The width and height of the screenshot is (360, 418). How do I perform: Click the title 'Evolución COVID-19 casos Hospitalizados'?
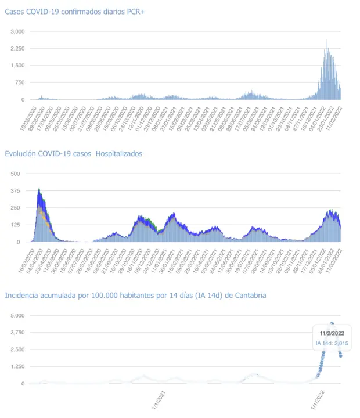click(x=73, y=154)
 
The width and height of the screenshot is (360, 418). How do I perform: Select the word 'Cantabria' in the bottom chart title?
click(x=250, y=296)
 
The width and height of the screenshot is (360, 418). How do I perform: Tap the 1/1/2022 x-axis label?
click(x=316, y=400)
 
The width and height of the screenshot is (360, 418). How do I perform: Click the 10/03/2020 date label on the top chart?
click(x=28, y=118)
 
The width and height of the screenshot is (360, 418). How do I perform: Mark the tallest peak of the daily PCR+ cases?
click(x=327, y=41)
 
